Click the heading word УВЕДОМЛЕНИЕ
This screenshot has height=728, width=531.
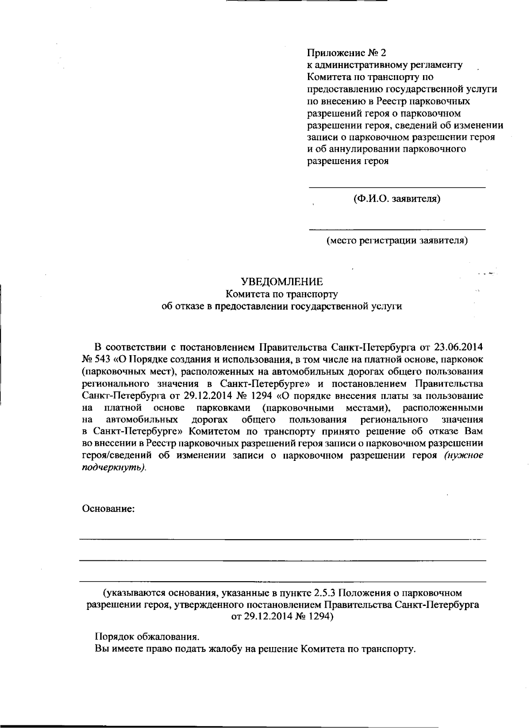(x=281, y=282)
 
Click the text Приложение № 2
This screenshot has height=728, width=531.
(x=346, y=53)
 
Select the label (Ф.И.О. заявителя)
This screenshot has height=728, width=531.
(x=396, y=199)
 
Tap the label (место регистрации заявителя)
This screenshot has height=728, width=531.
(x=397, y=241)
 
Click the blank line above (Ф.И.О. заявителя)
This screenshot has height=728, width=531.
(x=396, y=188)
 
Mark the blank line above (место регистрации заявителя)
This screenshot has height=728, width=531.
(x=396, y=230)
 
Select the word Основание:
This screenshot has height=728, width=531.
(x=108, y=509)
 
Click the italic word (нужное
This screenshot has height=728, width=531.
(x=463, y=456)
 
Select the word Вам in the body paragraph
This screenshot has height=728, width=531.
(x=473, y=431)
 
